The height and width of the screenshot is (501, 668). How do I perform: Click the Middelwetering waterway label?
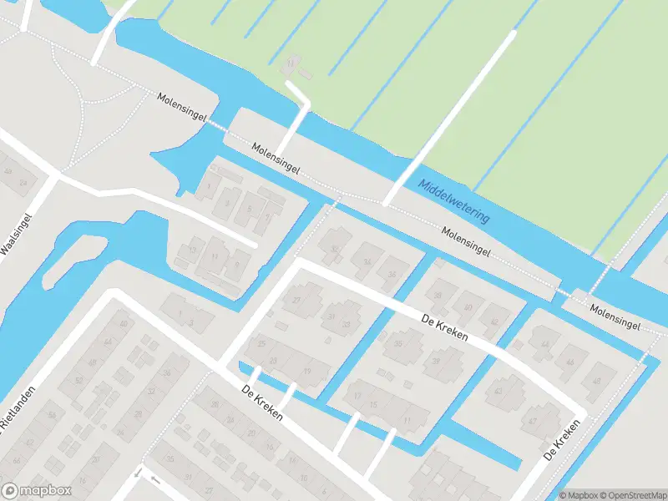tap(454, 201)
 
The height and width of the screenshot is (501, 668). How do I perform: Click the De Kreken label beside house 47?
tap(561, 440)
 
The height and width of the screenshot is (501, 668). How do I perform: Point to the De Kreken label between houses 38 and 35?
tap(444, 326)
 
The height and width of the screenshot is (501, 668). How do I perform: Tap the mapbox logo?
tap(37, 491)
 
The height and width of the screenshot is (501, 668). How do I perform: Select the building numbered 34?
tap(367, 261)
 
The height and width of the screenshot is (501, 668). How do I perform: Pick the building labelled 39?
tap(436, 361)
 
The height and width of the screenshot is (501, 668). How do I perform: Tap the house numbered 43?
tap(498, 390)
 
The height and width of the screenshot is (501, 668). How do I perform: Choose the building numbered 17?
tap(357, 396)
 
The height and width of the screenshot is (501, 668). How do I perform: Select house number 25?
tap(261, 343)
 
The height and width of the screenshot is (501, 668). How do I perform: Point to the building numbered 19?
tap(307, 372)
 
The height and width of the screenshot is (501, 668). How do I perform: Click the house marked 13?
tap(192, 250)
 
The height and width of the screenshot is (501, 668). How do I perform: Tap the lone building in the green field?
tap(291, 64)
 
